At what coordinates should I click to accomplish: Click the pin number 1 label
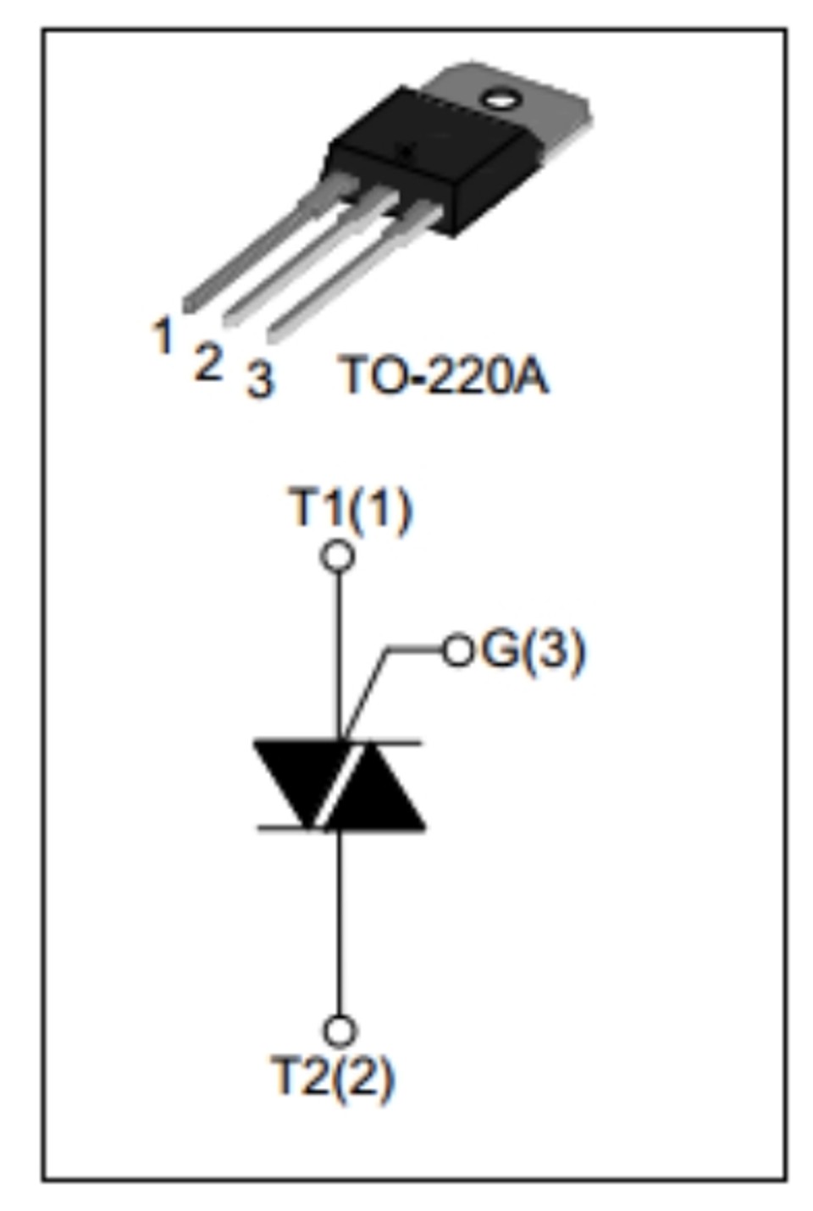(162, 335)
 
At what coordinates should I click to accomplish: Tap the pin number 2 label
(208, 361)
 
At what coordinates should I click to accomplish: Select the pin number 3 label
(261, 379)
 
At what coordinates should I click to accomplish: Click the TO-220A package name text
(443, 374)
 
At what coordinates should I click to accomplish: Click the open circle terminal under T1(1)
(339, 556)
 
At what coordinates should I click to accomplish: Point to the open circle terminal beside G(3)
(458, 650)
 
